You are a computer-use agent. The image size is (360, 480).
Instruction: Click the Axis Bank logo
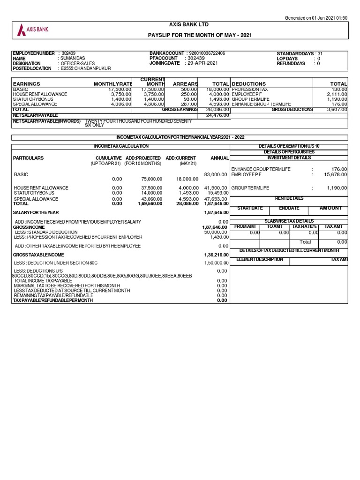pos(33,30)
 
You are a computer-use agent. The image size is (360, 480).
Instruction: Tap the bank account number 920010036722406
pos(206,53)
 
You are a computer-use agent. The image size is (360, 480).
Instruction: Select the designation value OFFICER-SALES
pos(78,63)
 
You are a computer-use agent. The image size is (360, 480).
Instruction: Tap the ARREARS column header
pos(186,83)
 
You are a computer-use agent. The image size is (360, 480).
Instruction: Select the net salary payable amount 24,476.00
pos(217,115)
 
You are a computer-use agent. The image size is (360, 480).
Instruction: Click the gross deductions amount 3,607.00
pos(337,109)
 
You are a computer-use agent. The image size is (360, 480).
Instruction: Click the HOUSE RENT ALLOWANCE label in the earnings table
pos(40,94)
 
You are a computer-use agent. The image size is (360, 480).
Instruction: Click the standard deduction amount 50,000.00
pos(216,232)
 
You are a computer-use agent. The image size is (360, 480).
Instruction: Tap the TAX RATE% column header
pos(305,226)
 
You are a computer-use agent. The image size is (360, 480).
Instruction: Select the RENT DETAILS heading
pos(289,198)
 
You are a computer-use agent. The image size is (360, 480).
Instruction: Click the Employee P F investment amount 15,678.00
pos(336,174)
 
